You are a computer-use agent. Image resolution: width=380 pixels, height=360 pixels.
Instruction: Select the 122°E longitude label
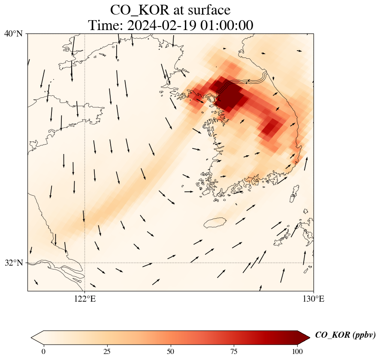85,299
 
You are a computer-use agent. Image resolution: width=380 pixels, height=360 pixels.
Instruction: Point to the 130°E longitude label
314,299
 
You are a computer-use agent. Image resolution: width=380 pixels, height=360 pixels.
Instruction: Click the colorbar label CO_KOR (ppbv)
345,336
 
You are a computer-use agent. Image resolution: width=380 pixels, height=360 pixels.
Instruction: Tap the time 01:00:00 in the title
226,25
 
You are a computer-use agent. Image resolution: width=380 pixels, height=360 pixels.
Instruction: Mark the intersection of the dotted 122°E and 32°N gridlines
85,263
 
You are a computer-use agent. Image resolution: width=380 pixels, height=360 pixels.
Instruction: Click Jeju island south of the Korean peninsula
215,223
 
